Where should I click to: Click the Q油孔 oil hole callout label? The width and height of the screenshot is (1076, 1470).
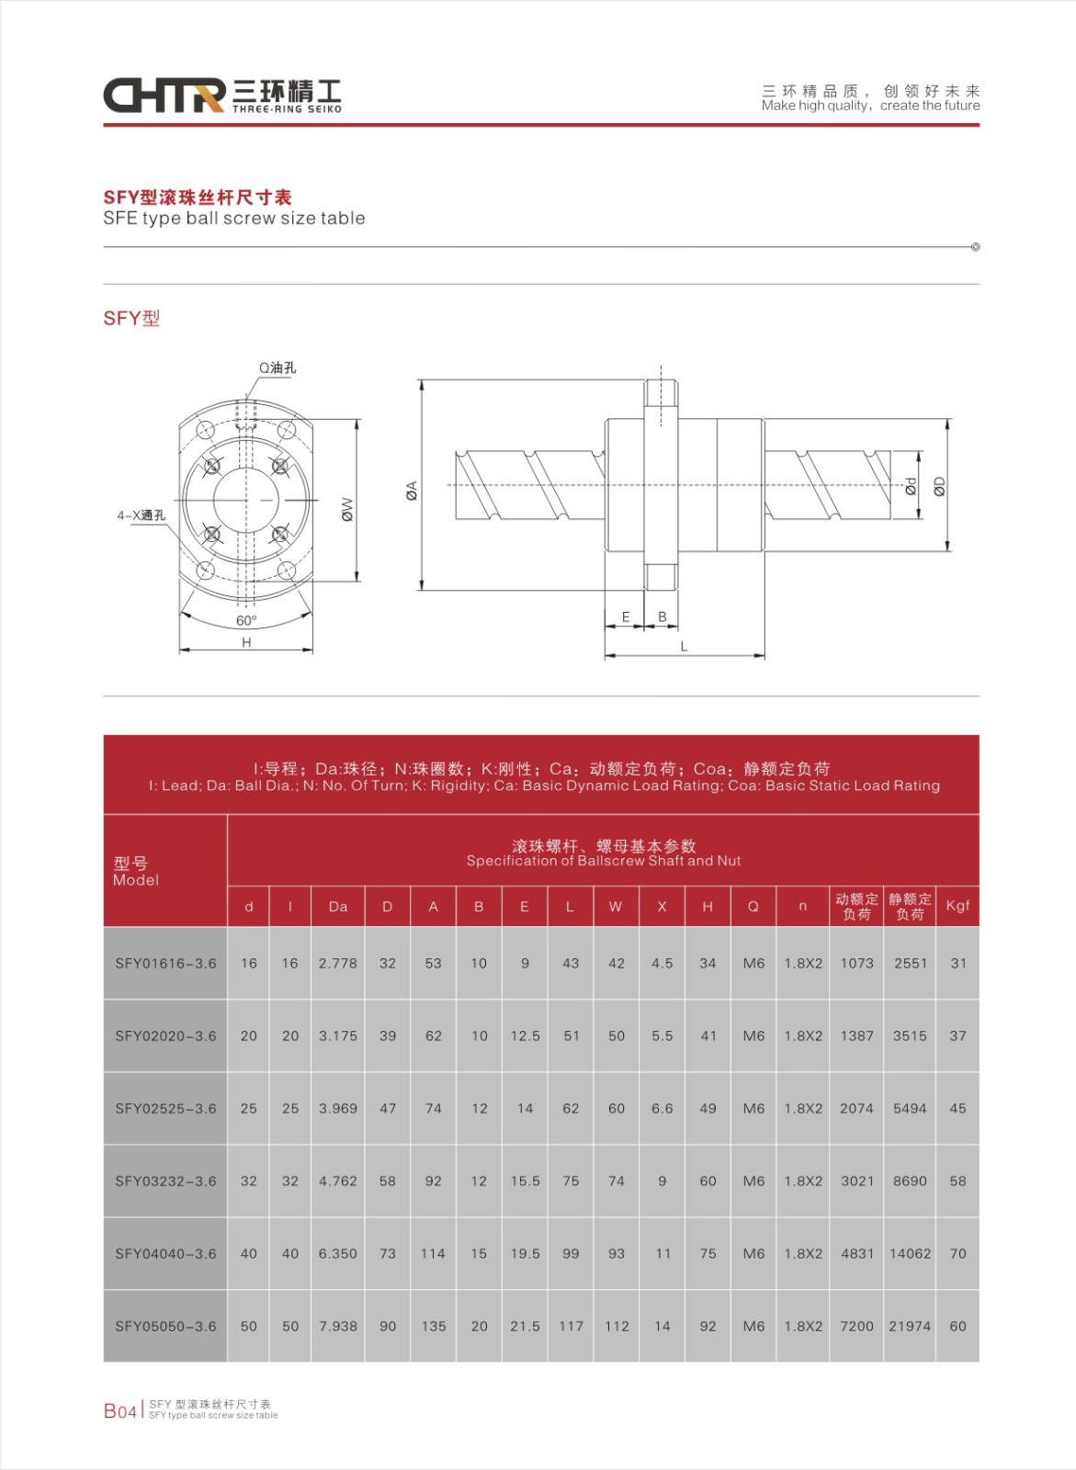click(x=277, y=367)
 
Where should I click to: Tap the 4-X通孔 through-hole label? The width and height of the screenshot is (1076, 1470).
click(x=141, y=515)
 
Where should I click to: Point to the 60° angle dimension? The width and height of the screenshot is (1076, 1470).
click(x=246, y=621)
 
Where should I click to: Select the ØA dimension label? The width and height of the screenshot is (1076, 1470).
click(x=412, y=491)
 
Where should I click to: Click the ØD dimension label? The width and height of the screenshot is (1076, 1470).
click(x=939, y=486)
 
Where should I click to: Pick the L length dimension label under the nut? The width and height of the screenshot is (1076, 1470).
click(x=684, y=646)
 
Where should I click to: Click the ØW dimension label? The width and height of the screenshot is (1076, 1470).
click(x=347, y=510)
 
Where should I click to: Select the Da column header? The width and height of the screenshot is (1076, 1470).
click(x=338, y=907)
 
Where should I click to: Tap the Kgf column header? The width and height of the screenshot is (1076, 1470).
click(x=957, y=906)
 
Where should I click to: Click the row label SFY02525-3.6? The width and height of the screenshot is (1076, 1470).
click(x=165, y=1109)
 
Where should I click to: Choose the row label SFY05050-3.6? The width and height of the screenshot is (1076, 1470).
click(x=165, y=1327)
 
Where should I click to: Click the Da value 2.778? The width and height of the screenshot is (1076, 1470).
click(x=338, y=964)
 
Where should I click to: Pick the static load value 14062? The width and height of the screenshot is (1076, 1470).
click(x=910, y=1254)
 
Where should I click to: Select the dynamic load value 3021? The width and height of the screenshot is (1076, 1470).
click(x=856, y=1182)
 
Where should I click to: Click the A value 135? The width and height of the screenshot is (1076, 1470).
click(x=434, y=1327)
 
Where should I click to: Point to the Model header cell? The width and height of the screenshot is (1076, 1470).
click(x=136, y=871)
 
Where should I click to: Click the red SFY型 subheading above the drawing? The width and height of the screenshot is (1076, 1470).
click(x=131, y=319)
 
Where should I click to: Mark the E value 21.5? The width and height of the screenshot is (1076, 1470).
click(x=525, y=1327)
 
